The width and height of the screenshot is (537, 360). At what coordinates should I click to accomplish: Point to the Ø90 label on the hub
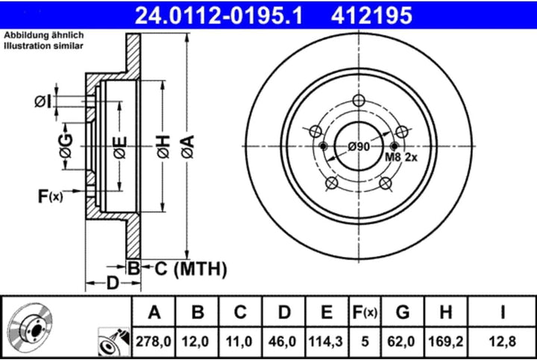pos(359,147)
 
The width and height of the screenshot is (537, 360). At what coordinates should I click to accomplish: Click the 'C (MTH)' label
pos(184,268)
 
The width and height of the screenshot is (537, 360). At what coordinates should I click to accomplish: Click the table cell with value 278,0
pos(154,341)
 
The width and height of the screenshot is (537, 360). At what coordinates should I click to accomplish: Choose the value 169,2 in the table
pos(445,341)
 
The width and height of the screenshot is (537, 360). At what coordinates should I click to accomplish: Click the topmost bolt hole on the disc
pos(359,103)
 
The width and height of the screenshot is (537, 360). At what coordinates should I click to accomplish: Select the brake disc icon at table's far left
pos(31,327)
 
